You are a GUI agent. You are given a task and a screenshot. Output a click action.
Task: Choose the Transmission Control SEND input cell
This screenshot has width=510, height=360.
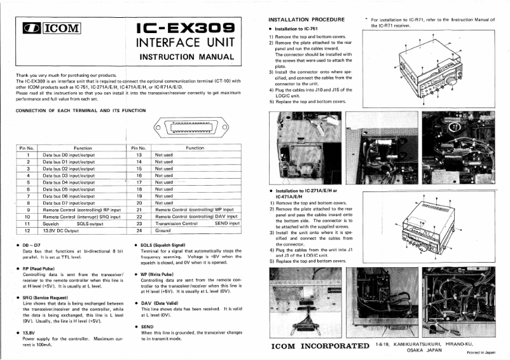(x=196, y=223)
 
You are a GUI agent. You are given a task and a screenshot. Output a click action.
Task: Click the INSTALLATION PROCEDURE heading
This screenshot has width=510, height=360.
(x=307, y=20)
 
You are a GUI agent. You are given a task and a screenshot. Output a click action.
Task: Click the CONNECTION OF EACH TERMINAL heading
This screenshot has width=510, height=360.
(x=80, y=111)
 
